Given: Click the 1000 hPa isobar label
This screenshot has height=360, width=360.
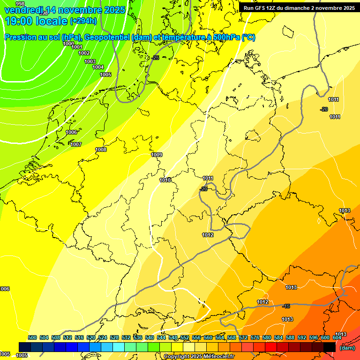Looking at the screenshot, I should pyautogui.click(x=68, y=44).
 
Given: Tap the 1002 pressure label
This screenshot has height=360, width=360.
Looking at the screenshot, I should pyautogui.click(x=84, y=53).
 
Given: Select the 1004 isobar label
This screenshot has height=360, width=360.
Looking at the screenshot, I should pyautogui.click(x=98, y=67).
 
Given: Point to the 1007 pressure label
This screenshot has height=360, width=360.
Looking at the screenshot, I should pyautogui.click(x=76, y=144).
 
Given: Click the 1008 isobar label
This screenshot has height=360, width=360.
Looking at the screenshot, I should pyautogui.click(x=101, y=150).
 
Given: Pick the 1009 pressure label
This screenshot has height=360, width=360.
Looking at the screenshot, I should pyautogui.click(x=157, y=155).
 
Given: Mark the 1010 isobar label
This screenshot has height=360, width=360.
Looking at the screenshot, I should pyautogui.click(x=165, y=180).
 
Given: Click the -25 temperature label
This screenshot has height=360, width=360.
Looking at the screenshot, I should pyautogui.click(x=156, y=57).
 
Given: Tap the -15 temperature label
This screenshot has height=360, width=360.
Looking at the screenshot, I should pyautogui.click(x=286, y=306).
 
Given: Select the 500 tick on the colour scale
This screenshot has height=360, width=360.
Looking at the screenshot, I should pyautogui.click(x=32, y=337).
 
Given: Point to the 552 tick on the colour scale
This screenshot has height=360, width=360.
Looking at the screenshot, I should pyautogui.click(x=185, y=337).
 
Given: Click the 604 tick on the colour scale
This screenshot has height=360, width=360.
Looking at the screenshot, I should pyautogui.click(x=337, y=337).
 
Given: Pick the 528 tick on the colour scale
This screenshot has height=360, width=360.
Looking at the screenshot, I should pyautogui.click(x=114, y=337).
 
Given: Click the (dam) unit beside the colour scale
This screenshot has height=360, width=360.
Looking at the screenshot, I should pyautogui.click(x=347, y=348).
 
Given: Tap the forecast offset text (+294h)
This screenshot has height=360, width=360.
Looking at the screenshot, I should pyautogui.click(x=83, y=21).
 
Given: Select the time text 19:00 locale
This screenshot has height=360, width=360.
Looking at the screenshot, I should pyautogui.click(x=36, y=21).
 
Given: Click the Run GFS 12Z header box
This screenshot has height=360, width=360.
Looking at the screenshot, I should pyautogui.click(x=299, y=7).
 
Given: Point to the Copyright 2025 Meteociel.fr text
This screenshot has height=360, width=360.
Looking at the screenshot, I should pyautogui.click(x=199, y=357).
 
